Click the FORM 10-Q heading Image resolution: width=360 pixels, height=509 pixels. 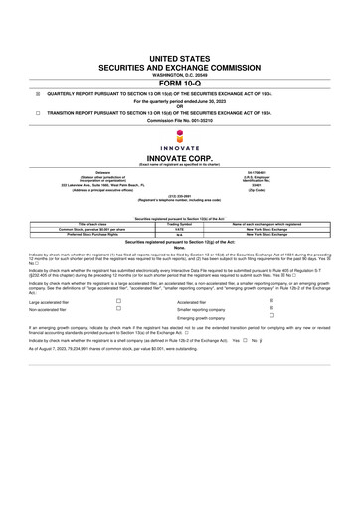coord(180,83)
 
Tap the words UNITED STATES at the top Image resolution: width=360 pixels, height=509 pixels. coord(180,61)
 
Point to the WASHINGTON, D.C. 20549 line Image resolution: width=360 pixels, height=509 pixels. coord(180,75)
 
